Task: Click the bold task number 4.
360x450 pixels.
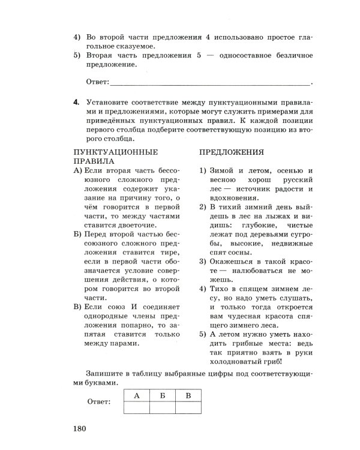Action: pyautogui.click(x=76, y=102)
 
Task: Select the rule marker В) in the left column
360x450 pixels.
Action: pyautogui.click(x=78, y=307)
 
